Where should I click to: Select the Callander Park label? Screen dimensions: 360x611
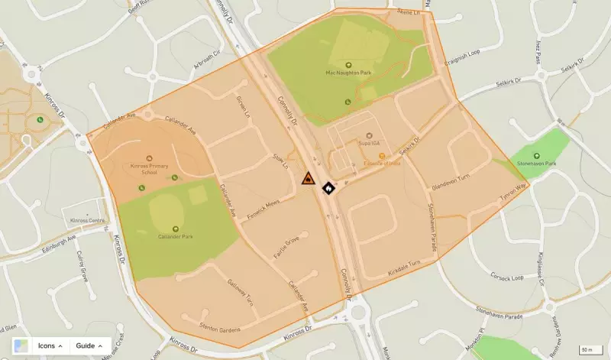tap(176, 236)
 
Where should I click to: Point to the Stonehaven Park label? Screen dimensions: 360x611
tap(545, 163)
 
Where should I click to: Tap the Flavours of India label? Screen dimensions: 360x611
tap(381, 163)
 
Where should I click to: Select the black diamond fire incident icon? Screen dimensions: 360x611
tap(328, 186)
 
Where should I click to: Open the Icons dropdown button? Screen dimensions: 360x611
tap(50, 345)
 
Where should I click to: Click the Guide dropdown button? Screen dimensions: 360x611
tap(89, 345)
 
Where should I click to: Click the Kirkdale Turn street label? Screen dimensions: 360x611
tap(405, 263)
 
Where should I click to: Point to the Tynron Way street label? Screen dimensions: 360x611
tap(512, 191)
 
